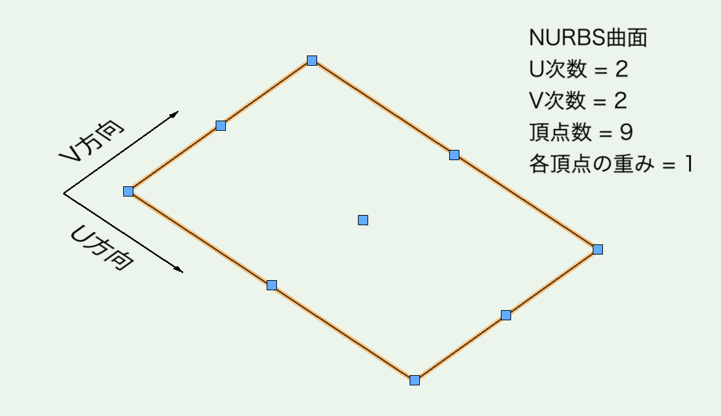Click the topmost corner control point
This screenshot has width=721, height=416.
click(x=312, y=61)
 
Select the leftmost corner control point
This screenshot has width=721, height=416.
click(x=128, y=191)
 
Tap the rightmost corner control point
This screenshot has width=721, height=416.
click(x=598, y=249)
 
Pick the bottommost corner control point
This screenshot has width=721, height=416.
click(x=415, y=380)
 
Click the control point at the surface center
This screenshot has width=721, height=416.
click(x=363, y=220)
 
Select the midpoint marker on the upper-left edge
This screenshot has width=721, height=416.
click(x=221, y=126)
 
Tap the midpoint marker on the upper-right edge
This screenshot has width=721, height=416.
click(x=454, y=154)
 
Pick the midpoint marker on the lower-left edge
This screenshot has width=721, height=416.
click(x=272, y=285)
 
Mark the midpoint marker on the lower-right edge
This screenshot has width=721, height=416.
click(x=506, y=315)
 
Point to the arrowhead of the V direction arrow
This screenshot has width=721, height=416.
click(x=175, y=113)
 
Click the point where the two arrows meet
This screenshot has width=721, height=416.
click(x=64, y=193)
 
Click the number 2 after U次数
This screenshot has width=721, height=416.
click(x=621, y=70)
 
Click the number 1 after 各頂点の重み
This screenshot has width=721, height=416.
click(x=688, y=164)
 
